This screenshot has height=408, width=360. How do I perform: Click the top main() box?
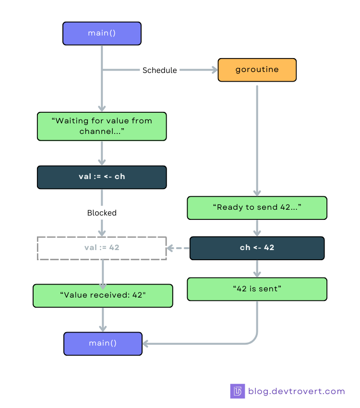tap(102, 33)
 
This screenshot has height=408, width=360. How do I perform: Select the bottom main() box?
tap(103, 343)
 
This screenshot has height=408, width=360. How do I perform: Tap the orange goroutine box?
tap(257, 70)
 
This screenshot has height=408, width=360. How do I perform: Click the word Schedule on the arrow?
tap(159, 70)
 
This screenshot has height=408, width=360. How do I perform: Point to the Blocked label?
tap(102, 213)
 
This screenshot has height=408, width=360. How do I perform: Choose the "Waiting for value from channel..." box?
tap(102, 126)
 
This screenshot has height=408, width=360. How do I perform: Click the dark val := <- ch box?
tap(102, 177)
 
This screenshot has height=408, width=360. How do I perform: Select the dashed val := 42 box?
tap(102, 248)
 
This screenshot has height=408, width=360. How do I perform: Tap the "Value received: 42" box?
tap(103, 295)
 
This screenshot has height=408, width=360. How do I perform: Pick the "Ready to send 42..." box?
tap(257, 207)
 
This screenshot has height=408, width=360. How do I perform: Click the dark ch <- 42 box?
tap(257, 248)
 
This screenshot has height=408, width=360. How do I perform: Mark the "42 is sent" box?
tap(257, 289)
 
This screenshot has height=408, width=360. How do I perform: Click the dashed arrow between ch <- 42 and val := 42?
tap(178, 248)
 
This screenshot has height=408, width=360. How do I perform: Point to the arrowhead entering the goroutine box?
tap(214, 70)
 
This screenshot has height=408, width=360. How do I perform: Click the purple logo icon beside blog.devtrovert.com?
tap(237, 391)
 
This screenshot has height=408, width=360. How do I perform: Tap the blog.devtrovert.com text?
tap(296, 391)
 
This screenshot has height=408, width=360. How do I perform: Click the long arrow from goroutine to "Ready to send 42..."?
tap(257, 139)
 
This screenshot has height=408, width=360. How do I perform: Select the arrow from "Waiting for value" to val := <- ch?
tap(102, 153)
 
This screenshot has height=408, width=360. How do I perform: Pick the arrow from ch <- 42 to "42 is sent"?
tap(257, 268)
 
